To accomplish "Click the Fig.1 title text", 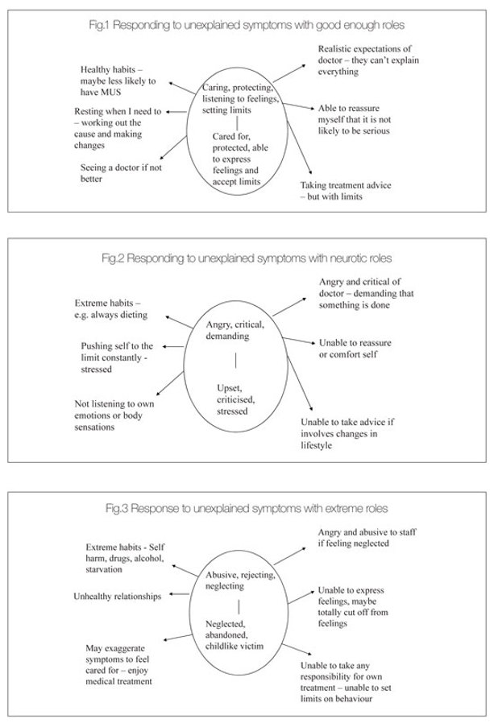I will pyautogui.click(x=247, y=25).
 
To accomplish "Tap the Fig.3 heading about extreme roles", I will pyautogui.click(x=247, y=509).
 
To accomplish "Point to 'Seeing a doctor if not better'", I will pyautogui.click(x=116, y=173).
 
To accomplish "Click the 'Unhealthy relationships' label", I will pyautogui.click(x=117, y=596).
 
